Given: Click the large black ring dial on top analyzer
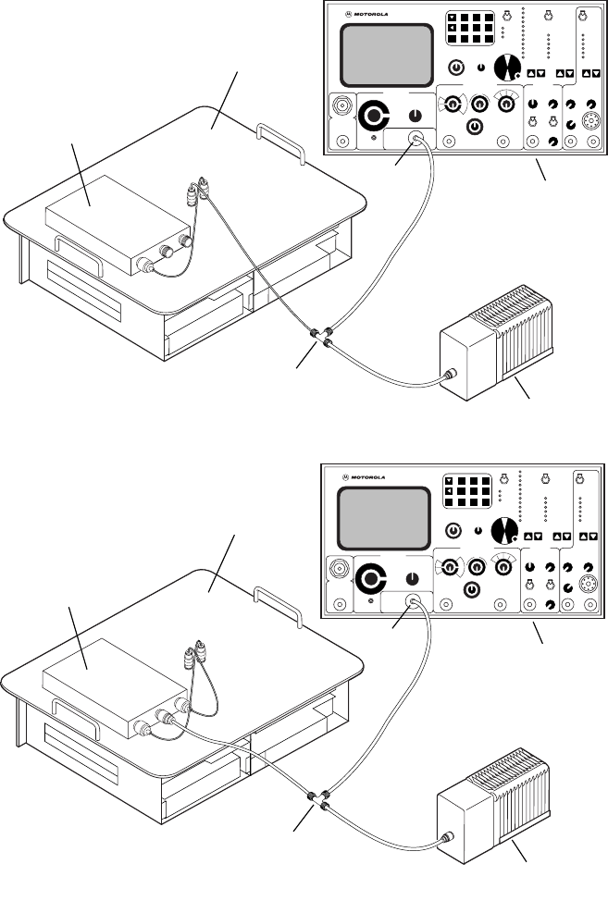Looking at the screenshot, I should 376,117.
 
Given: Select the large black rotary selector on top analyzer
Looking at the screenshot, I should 505,68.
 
